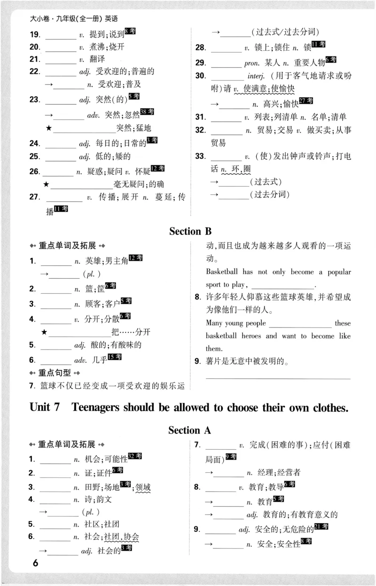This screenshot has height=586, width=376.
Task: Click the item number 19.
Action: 34,34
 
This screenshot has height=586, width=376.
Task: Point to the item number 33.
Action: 201,156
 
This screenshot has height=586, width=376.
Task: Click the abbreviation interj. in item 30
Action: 257,76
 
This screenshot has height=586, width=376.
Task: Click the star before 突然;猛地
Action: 48,128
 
